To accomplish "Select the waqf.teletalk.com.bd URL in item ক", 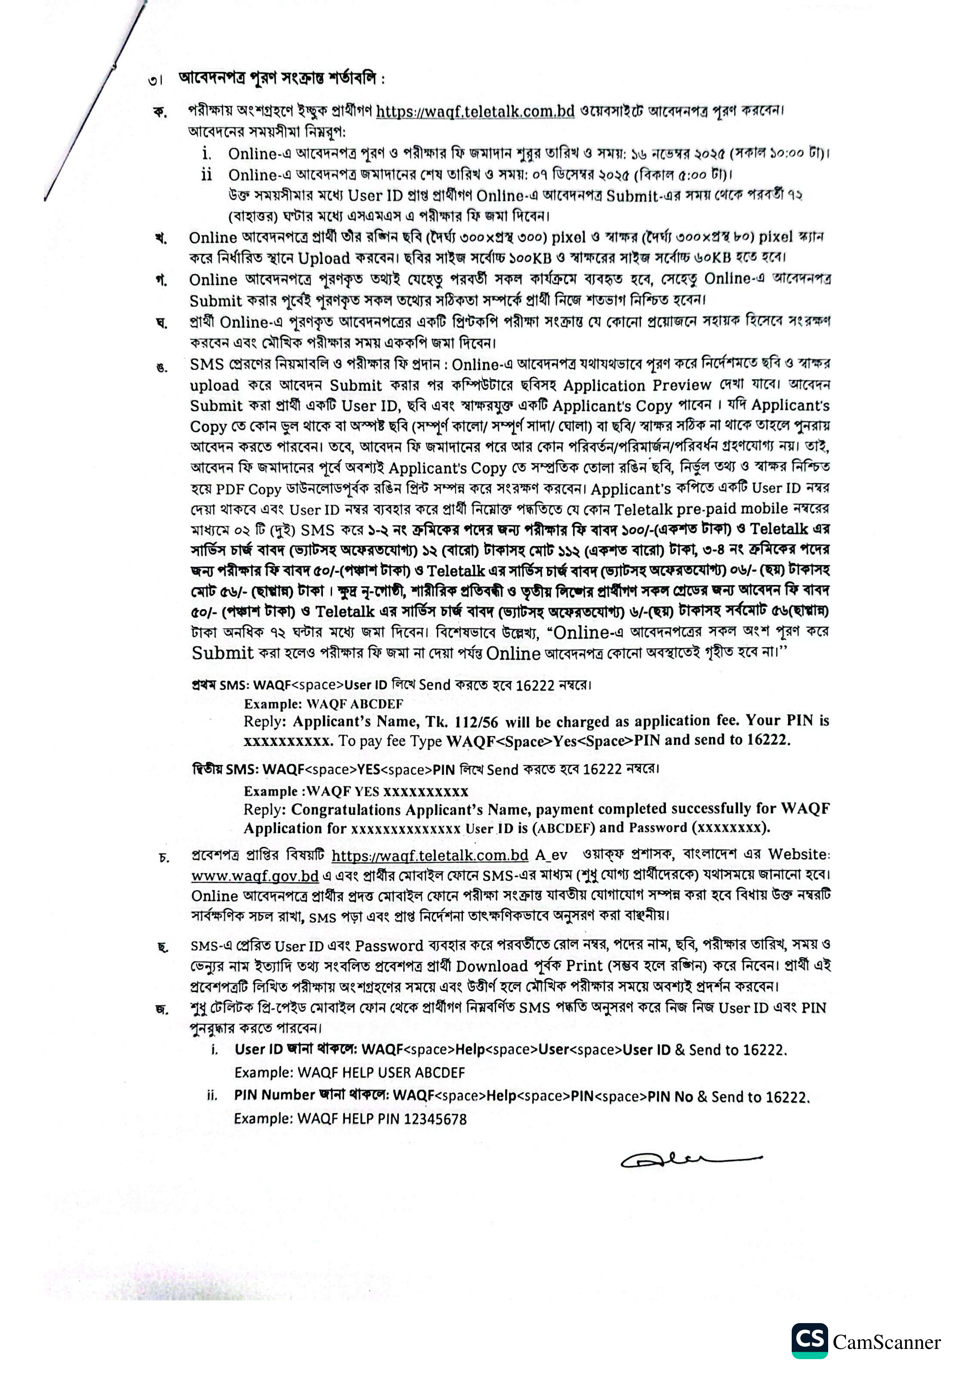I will click(x=475, y=111).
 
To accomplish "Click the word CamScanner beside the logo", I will click(x=886, y=1342).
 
